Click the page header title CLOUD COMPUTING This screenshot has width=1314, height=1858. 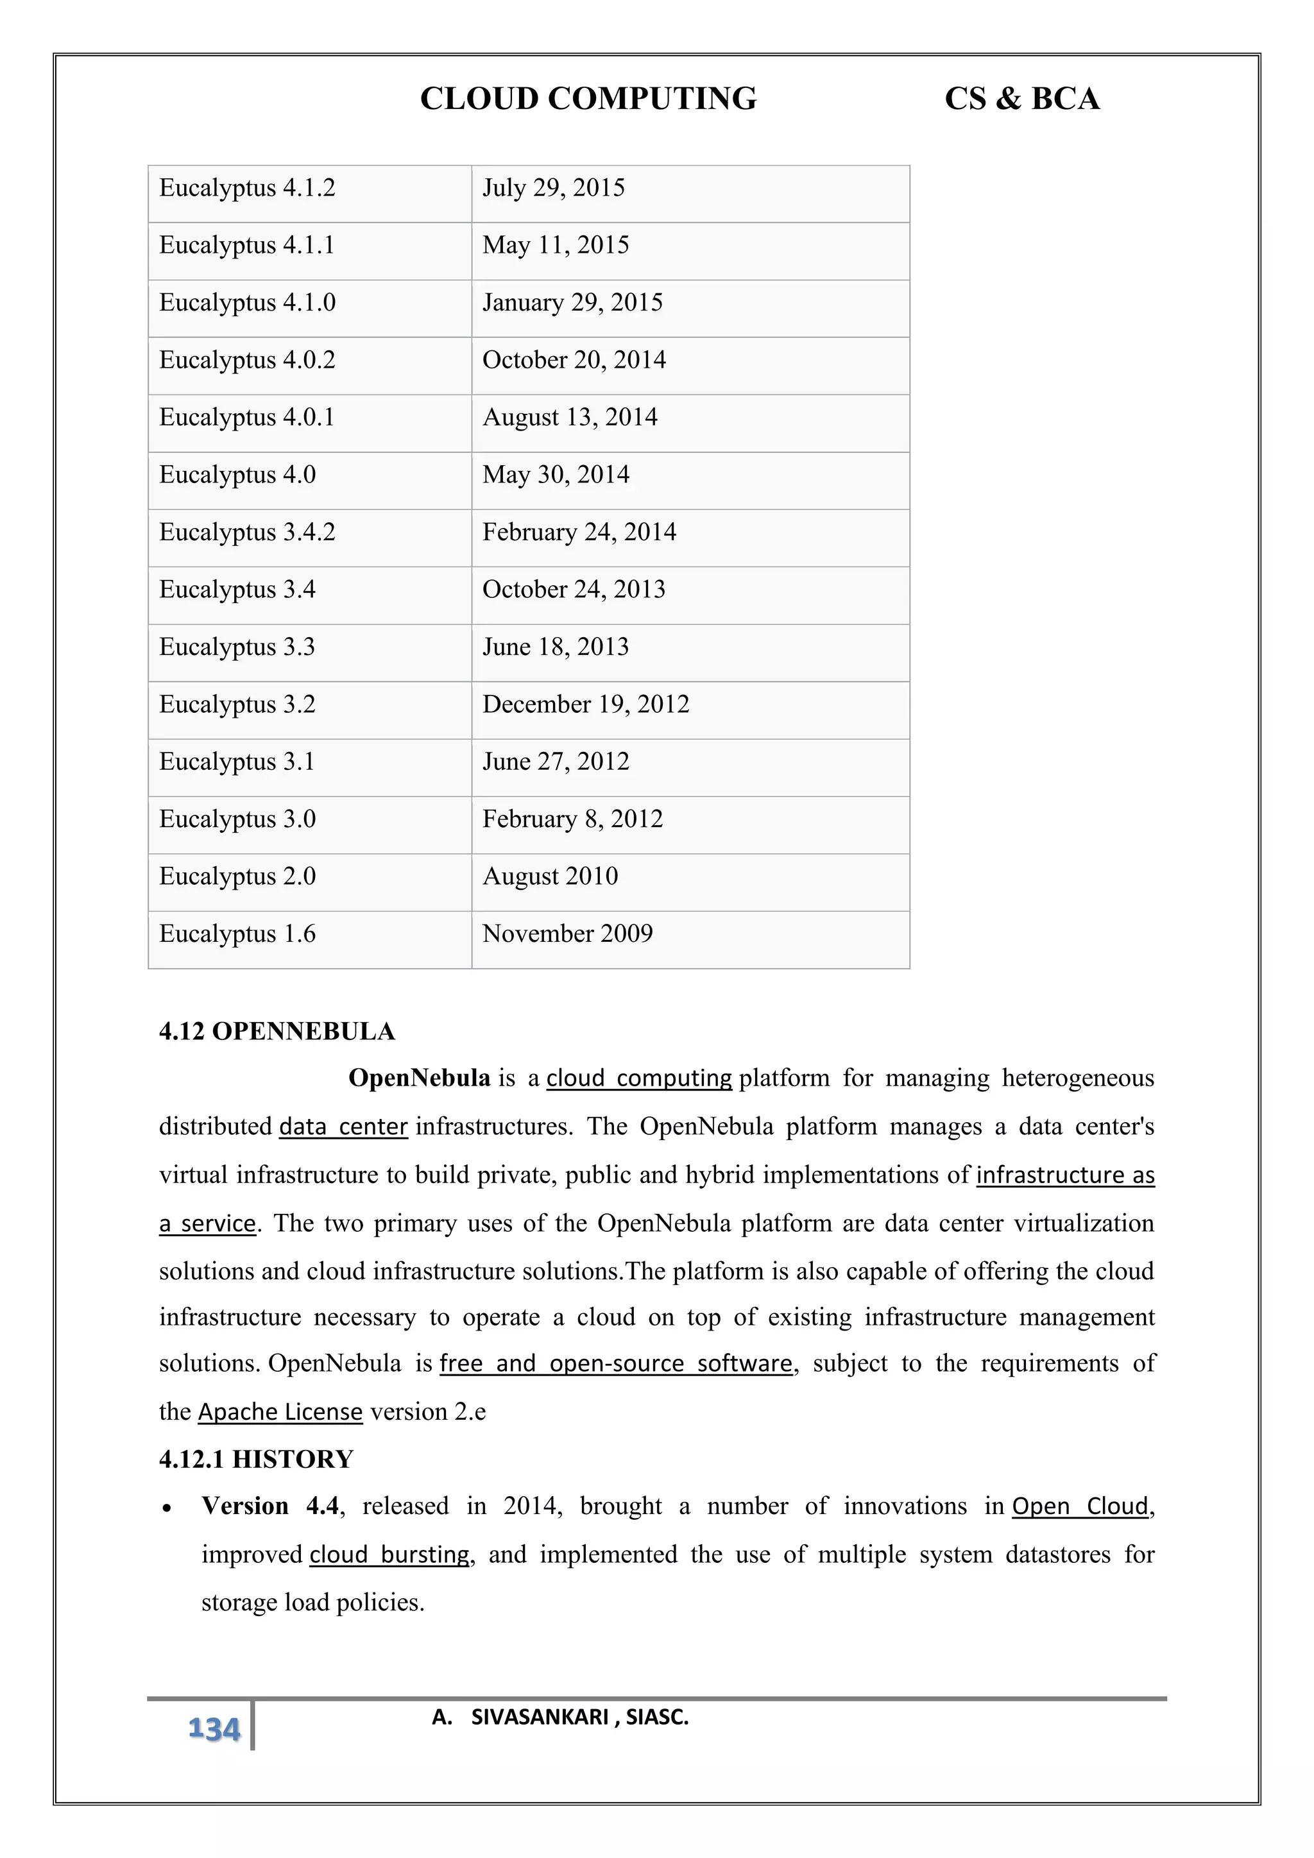[588, 99]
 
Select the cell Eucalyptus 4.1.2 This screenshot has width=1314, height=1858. [247, 188]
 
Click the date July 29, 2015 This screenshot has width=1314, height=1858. [554, 188]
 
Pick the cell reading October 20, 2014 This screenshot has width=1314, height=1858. [574, 359]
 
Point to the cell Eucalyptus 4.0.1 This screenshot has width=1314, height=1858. [247, 417]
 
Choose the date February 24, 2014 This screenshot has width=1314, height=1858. [579, 532]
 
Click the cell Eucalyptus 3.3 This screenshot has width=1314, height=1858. [236, 647]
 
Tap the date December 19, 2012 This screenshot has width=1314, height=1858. [586, 704]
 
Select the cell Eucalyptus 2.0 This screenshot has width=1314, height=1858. [237, 876]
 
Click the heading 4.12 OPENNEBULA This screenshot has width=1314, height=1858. [277, 1032]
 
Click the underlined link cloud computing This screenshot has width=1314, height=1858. [638, 1078]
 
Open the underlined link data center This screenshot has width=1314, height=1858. [343, 1127]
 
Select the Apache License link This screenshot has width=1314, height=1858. [280, 1412]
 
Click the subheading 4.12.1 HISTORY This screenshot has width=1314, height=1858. [256, 1459]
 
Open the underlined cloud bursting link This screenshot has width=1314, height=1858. [389, 1555]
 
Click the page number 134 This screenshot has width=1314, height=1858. [214, 1729]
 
